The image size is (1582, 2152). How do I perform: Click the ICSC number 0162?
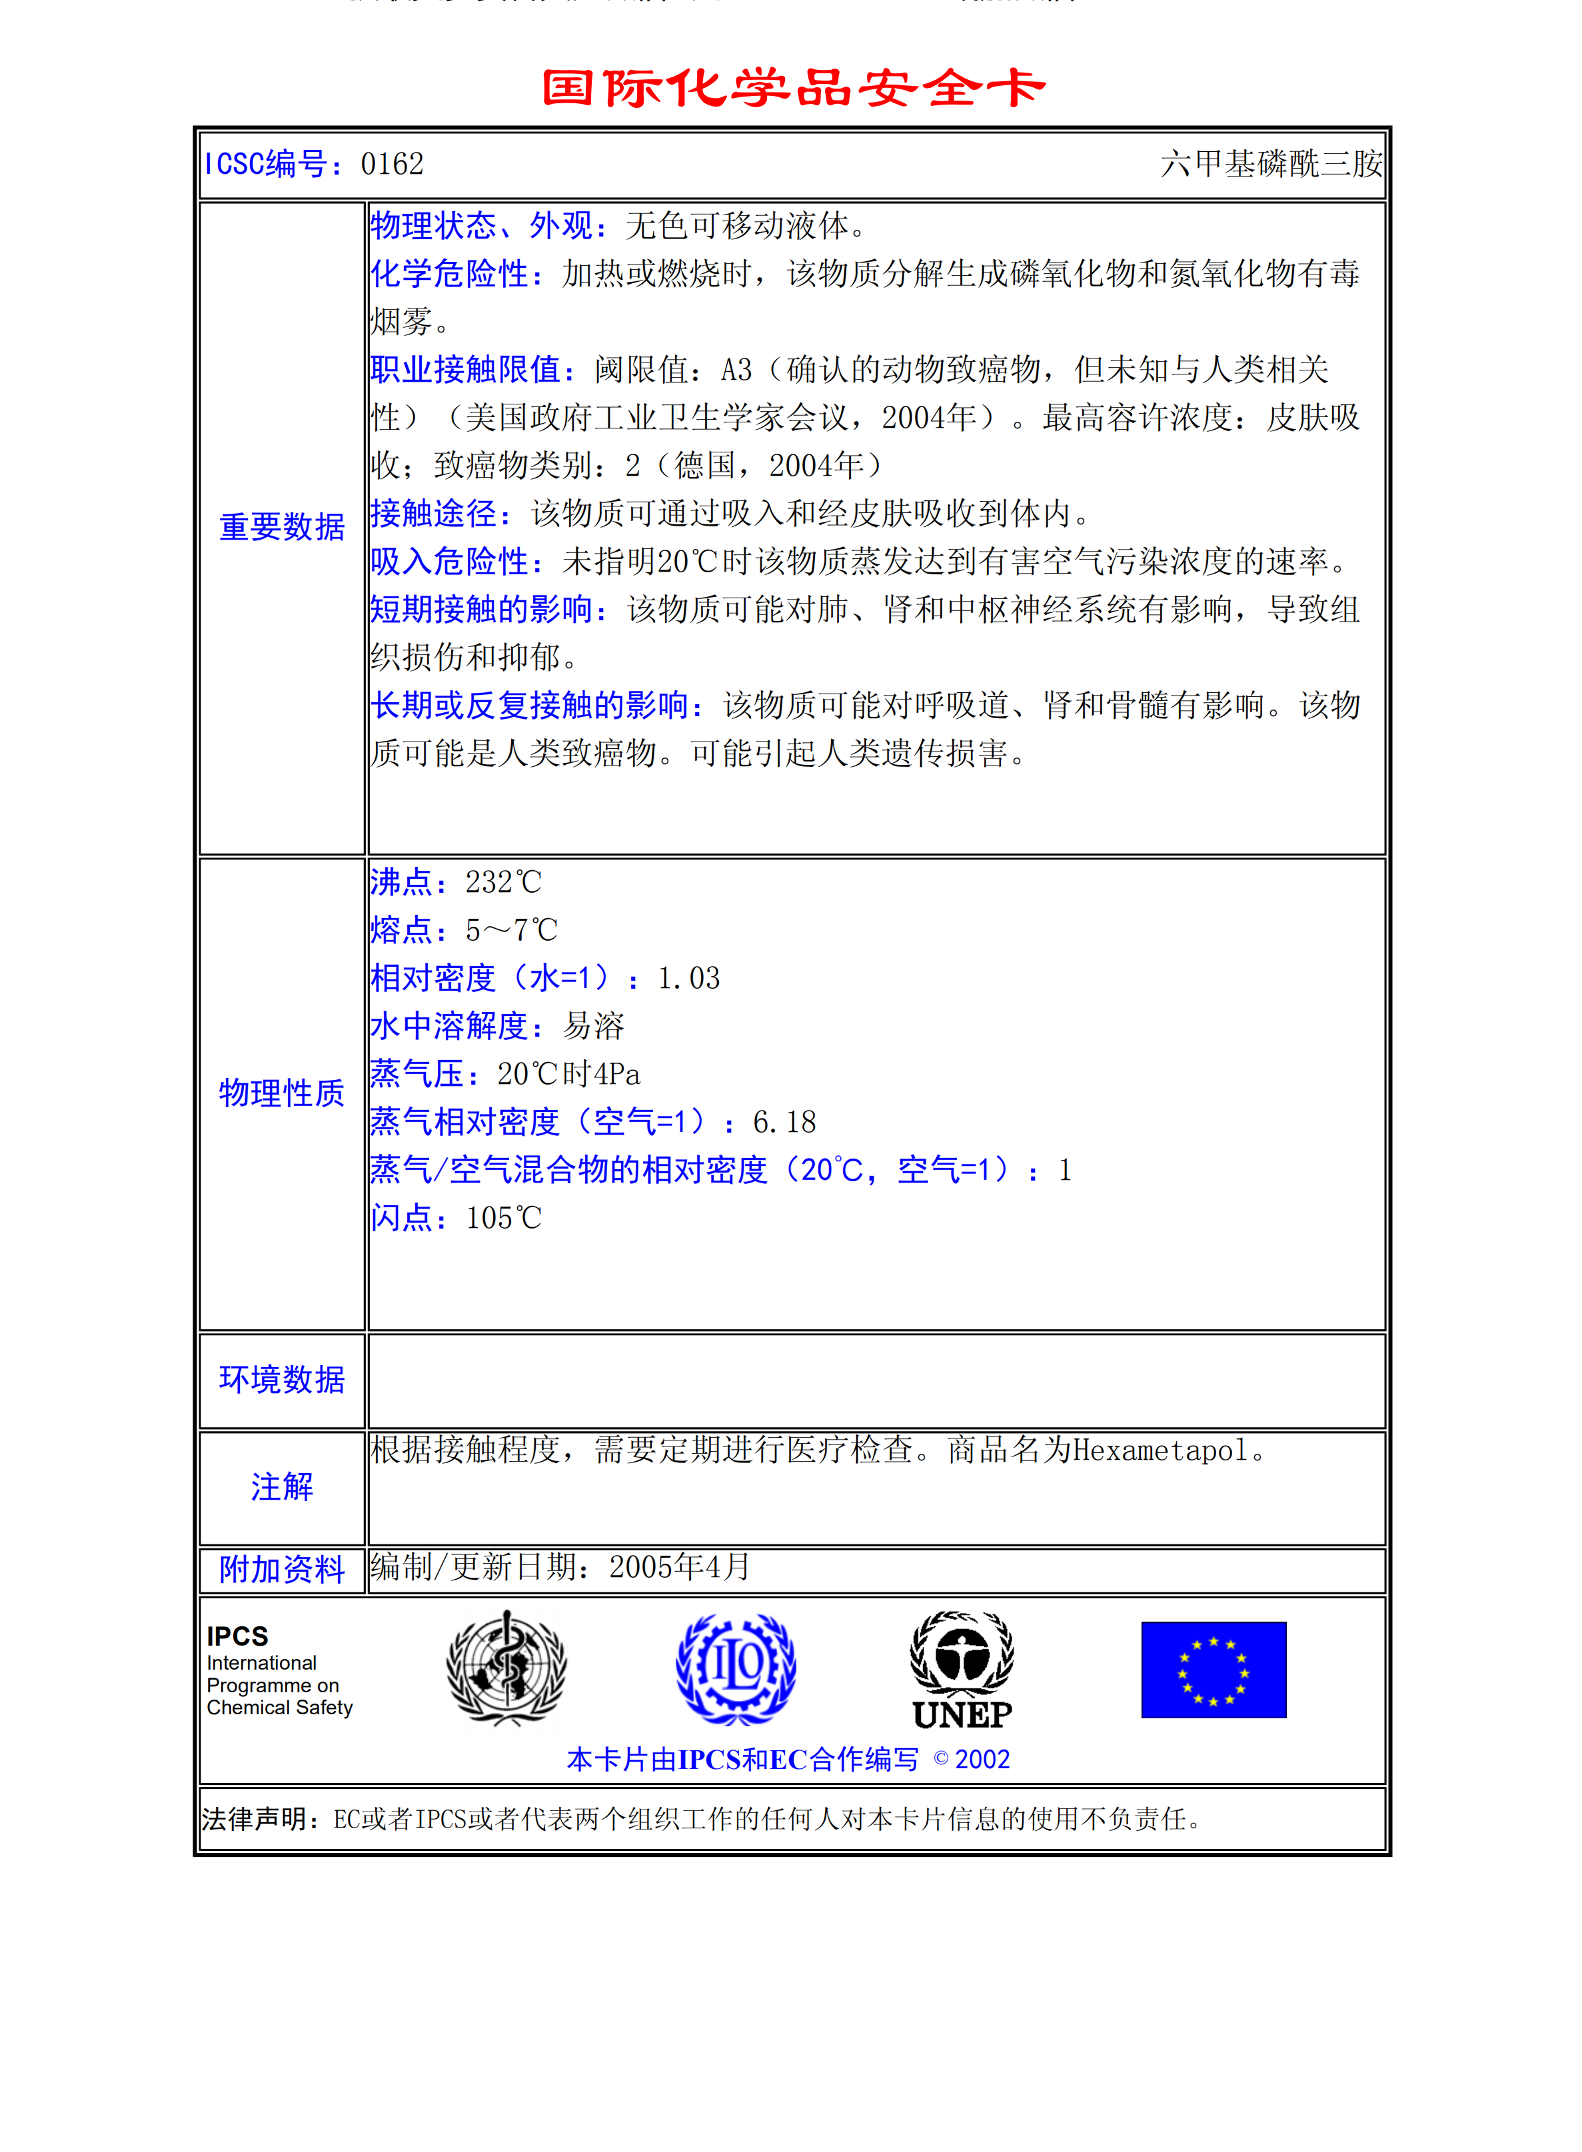[392, 165]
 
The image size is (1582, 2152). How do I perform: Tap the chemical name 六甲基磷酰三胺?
[1271, 165]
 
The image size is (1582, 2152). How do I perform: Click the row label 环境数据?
[281, 1379]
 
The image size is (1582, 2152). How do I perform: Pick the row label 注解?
[281, 1486]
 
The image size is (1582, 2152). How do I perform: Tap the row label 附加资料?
[281, 1570]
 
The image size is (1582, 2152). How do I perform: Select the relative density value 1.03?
[688, 978]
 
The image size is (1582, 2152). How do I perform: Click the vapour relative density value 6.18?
[784, 1122]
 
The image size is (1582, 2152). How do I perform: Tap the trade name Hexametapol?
[1160, 1451]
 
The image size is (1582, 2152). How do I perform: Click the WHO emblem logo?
[506, 1668]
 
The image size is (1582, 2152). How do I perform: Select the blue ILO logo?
[736, 1668]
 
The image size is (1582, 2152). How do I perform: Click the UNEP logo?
[962, 1670]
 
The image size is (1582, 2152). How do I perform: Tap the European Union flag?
[1213, 1670]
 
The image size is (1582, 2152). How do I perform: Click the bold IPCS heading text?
[237, 1636]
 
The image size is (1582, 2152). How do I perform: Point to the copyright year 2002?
[982, 1760]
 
